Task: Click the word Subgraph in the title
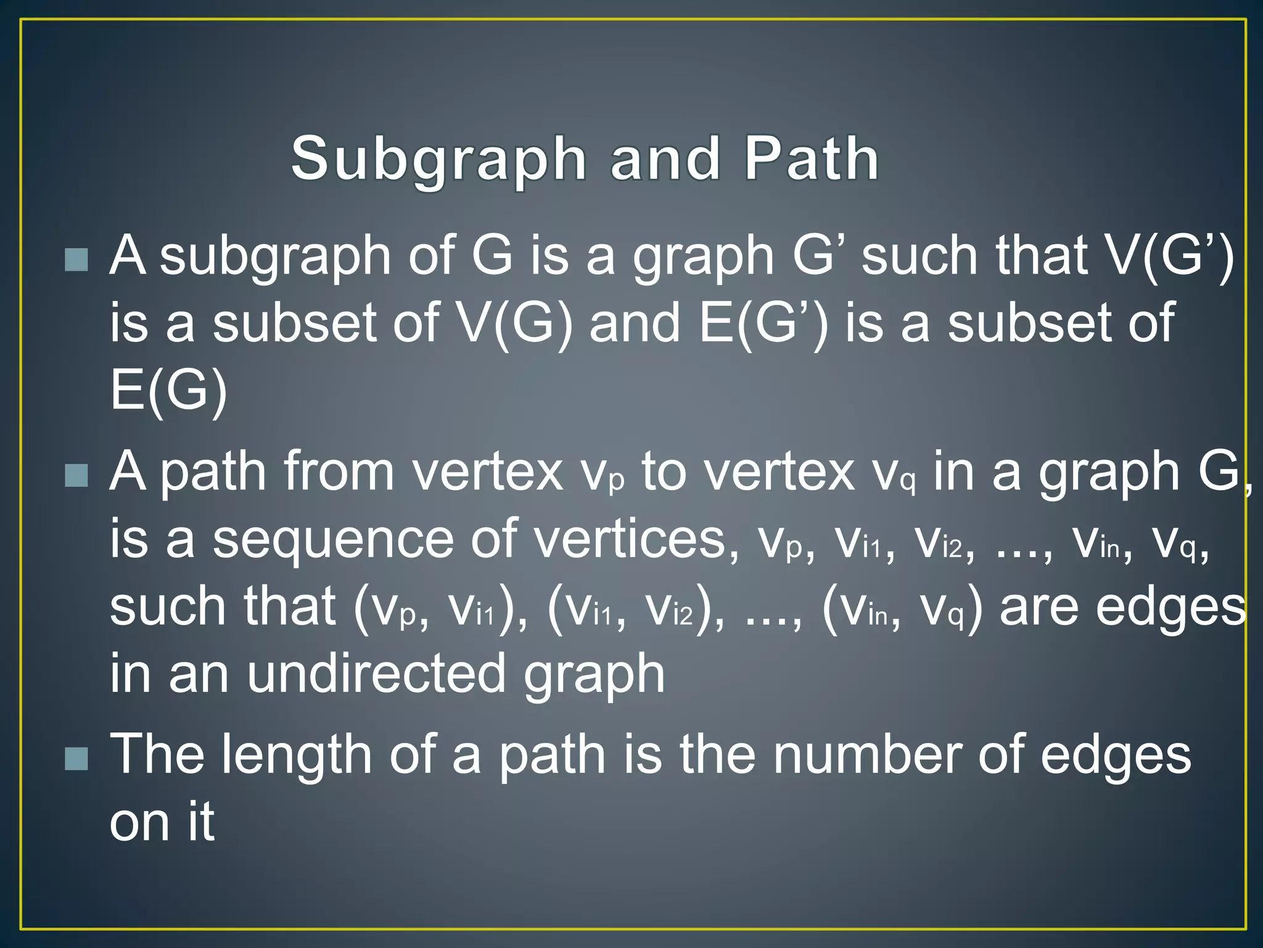438,159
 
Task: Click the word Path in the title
812,159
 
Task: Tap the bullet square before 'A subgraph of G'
76,260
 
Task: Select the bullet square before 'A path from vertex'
76,475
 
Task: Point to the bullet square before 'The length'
76,759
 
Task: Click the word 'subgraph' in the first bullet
275,256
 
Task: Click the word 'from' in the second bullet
339,472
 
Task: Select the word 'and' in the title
665,159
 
